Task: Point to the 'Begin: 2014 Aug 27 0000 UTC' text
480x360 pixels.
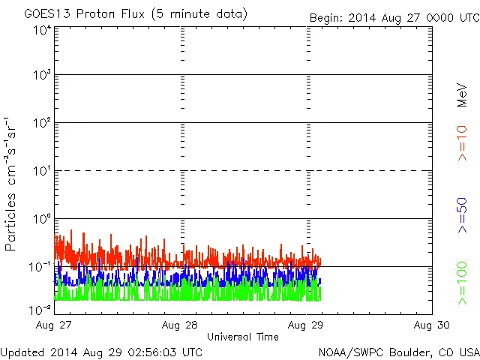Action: (x=394, y=17)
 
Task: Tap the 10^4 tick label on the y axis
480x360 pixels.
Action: (x=41, y=30)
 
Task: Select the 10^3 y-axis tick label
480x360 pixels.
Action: (x=41, y=75)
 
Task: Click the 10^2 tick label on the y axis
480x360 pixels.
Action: (x=41, y=123)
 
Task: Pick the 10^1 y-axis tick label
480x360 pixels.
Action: (x=41, y=171)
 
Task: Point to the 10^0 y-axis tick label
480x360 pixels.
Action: (x=41, y=219)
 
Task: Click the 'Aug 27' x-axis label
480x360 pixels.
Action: (x=55, y=325)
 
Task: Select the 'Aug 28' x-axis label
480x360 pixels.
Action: (x=180, y=325)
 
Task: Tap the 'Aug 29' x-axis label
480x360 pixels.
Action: (x=306, y=325)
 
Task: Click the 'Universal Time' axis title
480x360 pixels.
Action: (x=242, y=337)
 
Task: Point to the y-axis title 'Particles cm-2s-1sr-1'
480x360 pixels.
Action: (x=11, y=184)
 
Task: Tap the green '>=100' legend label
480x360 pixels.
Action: (x=462, y=284)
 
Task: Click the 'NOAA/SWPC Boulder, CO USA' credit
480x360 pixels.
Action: (x=398, y=352)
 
